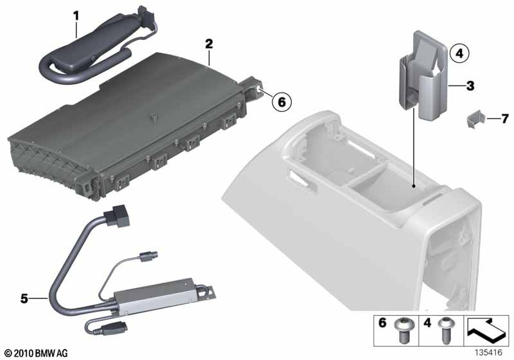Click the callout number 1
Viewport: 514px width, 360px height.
76,16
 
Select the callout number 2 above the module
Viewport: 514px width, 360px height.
209,44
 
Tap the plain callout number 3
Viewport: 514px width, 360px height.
470,86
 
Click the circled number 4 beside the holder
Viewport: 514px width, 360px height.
459,53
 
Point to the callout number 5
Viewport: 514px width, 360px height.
24,299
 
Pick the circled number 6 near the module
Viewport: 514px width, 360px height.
281,102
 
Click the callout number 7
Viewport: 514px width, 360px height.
504,118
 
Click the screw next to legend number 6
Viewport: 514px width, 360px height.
403,330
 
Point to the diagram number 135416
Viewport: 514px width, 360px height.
488,353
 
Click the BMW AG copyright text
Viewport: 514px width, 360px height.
37,353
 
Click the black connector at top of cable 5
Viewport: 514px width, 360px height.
116,216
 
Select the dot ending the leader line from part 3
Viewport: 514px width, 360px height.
414,186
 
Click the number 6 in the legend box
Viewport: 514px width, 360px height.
382,323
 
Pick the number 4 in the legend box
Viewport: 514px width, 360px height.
427,323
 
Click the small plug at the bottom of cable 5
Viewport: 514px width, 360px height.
114,329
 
